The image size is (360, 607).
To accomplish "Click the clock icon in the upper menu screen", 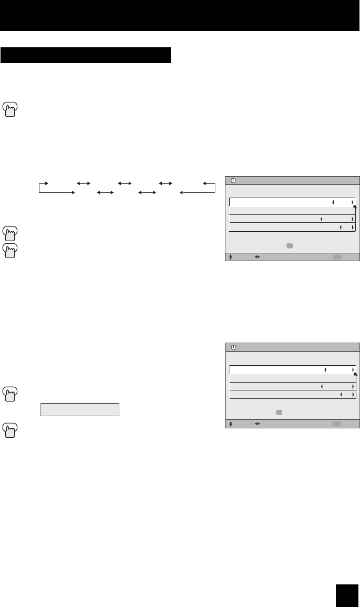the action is tap(234, 180).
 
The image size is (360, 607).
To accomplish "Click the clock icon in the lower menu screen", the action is tap(234, 347).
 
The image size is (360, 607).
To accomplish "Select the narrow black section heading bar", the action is tap(86, 55).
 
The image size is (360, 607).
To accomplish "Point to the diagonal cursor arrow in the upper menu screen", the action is tap(355, 207).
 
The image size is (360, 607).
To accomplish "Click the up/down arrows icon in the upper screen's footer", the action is tap(230, 257).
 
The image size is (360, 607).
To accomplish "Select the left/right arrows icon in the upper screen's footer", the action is tap(257, 257).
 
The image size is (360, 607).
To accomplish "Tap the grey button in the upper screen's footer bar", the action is tap(337, 257).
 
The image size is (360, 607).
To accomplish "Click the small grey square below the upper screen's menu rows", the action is tap(290, 245).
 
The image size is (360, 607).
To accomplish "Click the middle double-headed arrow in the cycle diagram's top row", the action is tap(125, 183).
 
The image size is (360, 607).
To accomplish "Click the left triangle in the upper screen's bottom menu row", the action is tap(340, 227).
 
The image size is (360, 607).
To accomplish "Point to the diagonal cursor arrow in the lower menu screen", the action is tap(355, 374).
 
